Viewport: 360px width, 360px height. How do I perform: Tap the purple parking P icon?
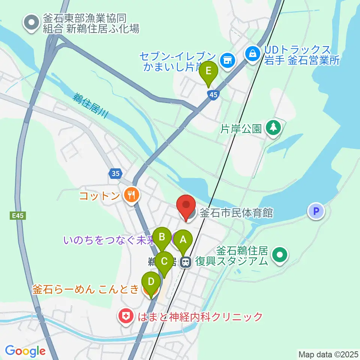click(x=316, y=211)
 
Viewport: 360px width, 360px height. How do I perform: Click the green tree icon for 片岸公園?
click(x=273, y=127)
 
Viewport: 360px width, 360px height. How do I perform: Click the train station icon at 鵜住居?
click(x=185, y=262)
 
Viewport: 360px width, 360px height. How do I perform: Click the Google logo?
click(x=25, y=351)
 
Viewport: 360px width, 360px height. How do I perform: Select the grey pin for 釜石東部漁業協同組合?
click(x=31, y=23)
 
